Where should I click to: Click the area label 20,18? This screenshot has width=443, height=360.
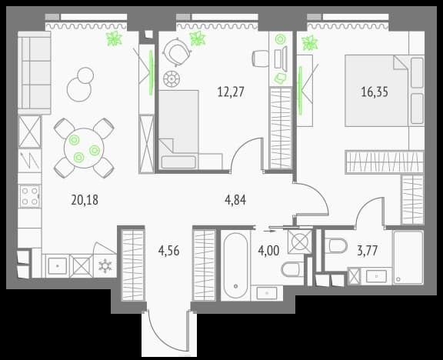[85, 200]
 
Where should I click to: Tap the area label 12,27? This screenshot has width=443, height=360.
[231, 92]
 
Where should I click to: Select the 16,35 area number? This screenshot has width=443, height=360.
[375, 92]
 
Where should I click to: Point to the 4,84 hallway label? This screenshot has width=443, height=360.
[235, 200]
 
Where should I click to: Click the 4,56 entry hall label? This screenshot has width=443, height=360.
[169, 251]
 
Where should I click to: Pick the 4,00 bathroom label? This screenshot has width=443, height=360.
[268, 251]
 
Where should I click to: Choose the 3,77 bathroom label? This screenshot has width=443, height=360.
[368, 251]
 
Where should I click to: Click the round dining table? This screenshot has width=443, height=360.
[84, 148]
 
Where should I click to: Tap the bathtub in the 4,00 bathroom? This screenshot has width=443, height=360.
[235, 265]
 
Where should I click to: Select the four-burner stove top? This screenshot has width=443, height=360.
[30, 196]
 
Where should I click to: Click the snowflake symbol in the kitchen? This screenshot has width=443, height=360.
[105, 266]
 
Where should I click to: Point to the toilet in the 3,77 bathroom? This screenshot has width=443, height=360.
[335, 245]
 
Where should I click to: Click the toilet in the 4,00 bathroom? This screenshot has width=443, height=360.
[291, 269]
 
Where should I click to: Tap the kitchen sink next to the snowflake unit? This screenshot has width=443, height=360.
[58, 266]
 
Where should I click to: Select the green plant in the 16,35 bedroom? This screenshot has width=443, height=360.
[310, 43]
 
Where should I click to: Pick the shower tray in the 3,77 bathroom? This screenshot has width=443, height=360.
[408, 258]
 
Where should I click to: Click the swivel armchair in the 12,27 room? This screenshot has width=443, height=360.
[177, 52]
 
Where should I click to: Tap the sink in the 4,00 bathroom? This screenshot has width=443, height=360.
[267, 293]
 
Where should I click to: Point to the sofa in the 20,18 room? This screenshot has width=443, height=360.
[34, 73]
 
